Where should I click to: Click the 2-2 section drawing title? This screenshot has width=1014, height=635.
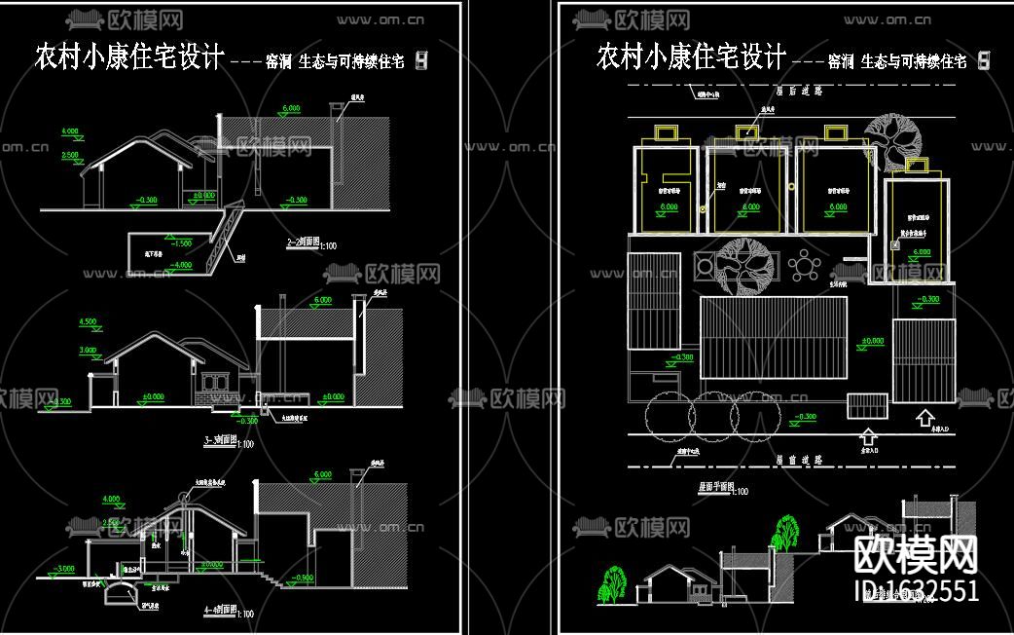[305, 241]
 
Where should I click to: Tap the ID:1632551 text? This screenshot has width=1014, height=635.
[916, 591]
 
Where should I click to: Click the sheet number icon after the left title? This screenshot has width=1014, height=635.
[421, 60]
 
